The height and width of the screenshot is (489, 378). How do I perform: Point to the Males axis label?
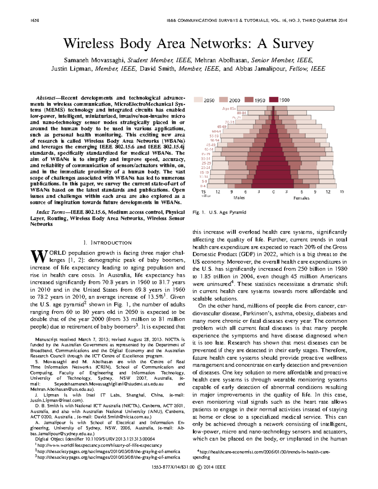(x=239, y=198)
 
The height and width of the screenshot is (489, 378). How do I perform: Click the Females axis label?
(x=301, y=198)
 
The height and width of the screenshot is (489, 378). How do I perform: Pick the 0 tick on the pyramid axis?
(x=273, y=192)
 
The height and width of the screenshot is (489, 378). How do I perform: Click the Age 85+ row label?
(x=229, y=108)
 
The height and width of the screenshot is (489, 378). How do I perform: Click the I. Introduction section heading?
(x=107, y=243)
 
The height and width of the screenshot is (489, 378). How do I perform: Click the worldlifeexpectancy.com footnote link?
(x=99, y=445)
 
